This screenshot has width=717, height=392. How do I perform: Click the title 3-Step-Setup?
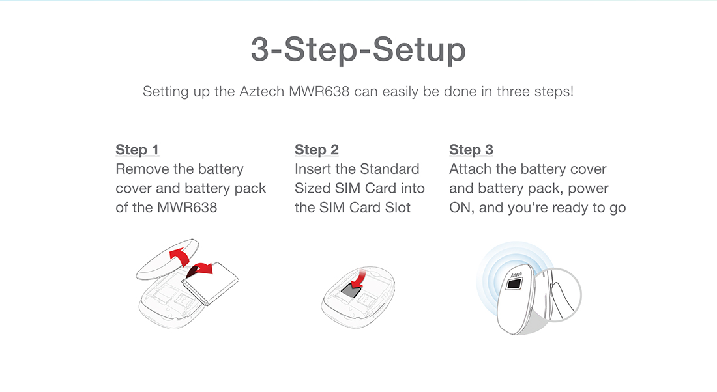pyautogui.click(x=358, y=51)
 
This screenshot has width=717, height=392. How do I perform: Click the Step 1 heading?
pyautogui.click(x=137, y=150)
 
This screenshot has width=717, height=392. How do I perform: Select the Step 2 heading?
pyautogui.click(x=316, y=150)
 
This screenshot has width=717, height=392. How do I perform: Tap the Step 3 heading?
pyautogui.click(x=471, y=150)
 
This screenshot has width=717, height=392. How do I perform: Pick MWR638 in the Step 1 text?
pyautogui.click(x=187, y=208)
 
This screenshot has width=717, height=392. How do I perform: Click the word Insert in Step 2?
pyautogui.click(x=314, y=169)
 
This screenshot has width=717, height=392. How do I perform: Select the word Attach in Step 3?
pyautogui.click(x=470, y=169)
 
